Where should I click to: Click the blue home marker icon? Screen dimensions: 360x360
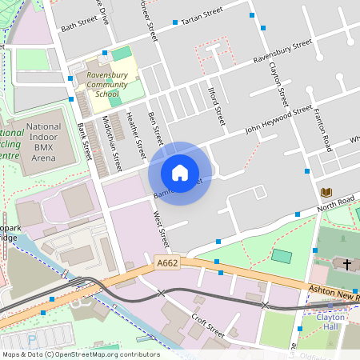(180, 172)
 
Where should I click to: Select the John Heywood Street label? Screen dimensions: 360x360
(278, 118)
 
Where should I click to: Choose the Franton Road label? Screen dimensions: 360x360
(322, 130)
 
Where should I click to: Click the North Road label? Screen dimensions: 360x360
(334, 202)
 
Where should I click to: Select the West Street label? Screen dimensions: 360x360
(161, 227)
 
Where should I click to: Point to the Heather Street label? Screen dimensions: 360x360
(134, 134)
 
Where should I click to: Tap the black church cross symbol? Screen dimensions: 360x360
(346, 263)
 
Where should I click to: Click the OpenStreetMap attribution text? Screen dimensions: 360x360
(80, 354)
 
